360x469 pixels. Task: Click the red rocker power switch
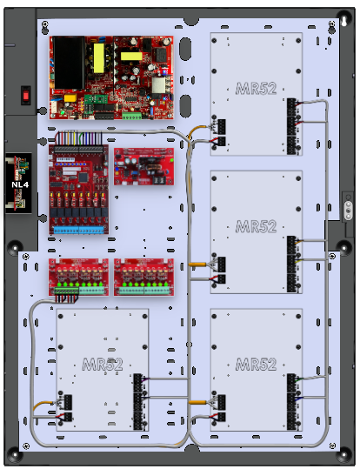tap(26, 96)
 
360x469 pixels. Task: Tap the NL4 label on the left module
tap(20, 184)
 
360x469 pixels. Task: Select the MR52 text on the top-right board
tap(256, 89)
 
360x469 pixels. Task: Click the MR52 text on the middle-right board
tap(256, 226)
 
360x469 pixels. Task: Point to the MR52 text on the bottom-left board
tap(103, 365)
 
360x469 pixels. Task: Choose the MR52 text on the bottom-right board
tap(256, 365)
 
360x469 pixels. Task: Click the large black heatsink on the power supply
tap(69, 63)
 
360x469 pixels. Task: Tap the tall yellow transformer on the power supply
tap(99, 58)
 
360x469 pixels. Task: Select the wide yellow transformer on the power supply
tap(131, 56)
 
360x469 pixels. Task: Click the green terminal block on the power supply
tap(131, 116)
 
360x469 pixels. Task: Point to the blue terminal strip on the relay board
tap(79, 230)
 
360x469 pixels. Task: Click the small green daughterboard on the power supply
tap(91, 99)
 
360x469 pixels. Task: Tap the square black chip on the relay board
tap(83, 178)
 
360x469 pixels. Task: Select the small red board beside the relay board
tap(143, 166)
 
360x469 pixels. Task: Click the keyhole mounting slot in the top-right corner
tap(343, 21)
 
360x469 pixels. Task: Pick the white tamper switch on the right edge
tap(348, 211)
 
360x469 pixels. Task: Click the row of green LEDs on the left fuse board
tap(79, 285)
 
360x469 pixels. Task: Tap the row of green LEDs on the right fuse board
tap(144, 285)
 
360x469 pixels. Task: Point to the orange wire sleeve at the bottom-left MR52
tap(42, 405)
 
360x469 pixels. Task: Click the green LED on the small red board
tap(171, 160)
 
